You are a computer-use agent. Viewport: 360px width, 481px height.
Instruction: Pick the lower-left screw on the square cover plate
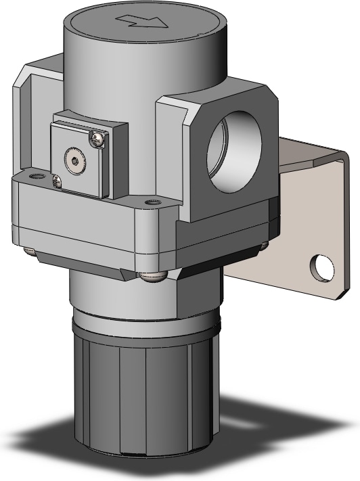point(57,181)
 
